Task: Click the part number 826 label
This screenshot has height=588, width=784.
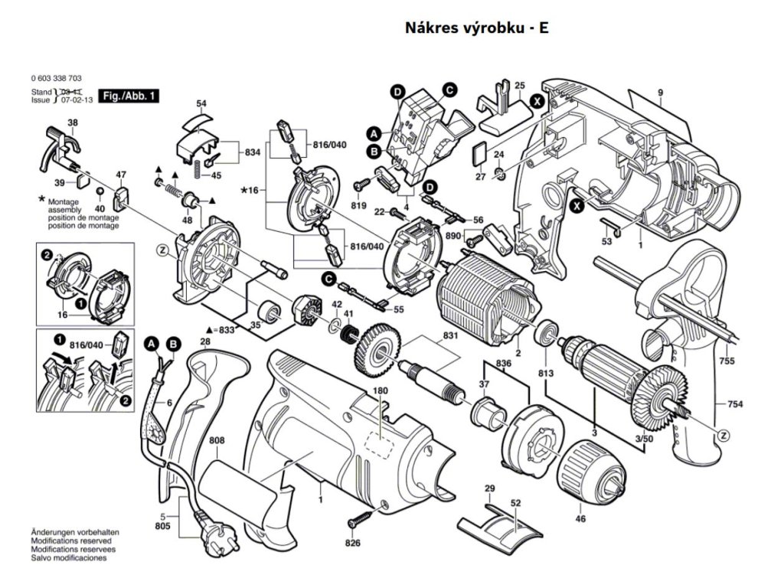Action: point(352,544)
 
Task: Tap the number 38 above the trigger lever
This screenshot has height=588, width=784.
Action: point(72,122)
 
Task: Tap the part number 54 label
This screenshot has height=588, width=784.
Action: point(201,103)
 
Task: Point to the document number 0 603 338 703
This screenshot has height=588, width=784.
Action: point(57,79)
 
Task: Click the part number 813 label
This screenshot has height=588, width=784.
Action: point(546,373)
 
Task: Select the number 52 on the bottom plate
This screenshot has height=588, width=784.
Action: point(515,503)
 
